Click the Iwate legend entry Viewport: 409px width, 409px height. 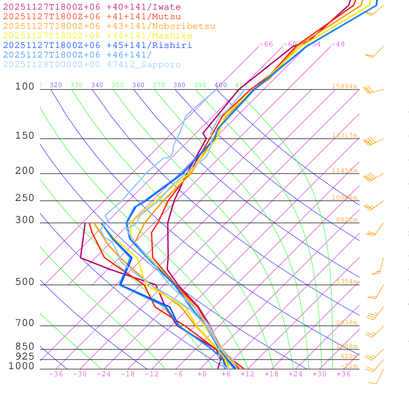[92, 7]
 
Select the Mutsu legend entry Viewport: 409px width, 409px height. [92, 17]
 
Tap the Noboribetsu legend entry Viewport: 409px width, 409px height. [109, 26]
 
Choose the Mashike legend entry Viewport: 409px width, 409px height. [97, 36]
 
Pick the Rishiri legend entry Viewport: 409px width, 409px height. [97, 46]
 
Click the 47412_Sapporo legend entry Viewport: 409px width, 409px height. [92, 65]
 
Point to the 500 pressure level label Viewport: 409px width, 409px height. [25, 282]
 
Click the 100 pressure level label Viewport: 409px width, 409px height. [25, 86]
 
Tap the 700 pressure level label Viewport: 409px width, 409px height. [25, 323]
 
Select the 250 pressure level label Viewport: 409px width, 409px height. [25, 198]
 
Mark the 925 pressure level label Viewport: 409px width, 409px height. [25, 356]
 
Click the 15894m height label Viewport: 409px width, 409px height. [344, 86]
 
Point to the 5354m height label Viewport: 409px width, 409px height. [346, 282]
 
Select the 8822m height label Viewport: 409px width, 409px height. [346, 220]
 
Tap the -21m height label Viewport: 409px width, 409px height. [349, 366]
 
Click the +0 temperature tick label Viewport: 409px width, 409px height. [202, 374]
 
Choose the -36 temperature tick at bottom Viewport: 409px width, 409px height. [56, 374]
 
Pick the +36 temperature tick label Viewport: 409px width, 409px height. [343, 374]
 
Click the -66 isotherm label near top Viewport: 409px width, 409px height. [266, 44]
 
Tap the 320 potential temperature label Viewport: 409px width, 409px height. [56, 85]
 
